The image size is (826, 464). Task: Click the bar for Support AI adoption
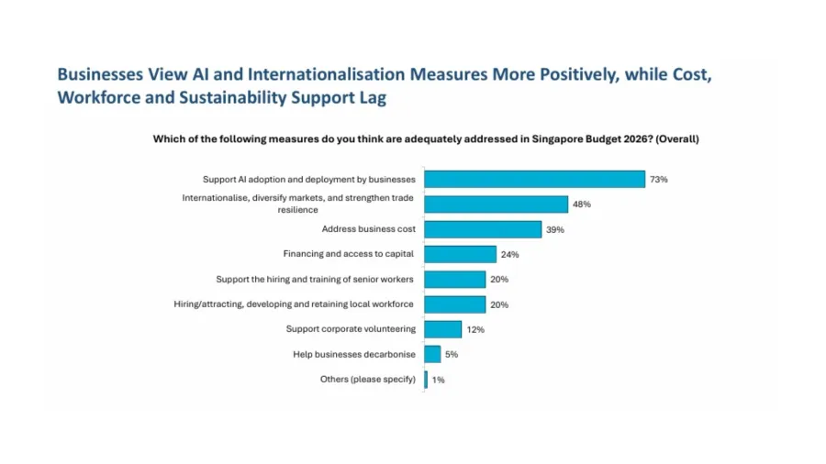[x=534, y=179]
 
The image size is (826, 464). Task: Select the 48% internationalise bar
[x=496, y=204]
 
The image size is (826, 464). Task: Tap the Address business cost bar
[x=483, y=229]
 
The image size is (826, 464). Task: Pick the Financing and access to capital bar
[x=460, y=254]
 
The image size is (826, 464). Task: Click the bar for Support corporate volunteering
[x=442, y=328]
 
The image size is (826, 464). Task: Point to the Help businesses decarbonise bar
[x=432, y=353]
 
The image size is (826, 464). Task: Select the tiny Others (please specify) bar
[x=426, y=379]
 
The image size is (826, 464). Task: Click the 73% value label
[x=658, y=180]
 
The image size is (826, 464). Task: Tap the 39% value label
[x=554, y=230]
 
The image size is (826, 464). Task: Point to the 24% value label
[x=509, y=255]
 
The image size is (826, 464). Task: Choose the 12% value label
[x=474, y=329]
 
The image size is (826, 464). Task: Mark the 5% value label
[x=452, y=354]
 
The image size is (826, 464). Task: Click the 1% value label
[x=438, y=380]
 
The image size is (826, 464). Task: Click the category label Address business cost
[x=368, y=229]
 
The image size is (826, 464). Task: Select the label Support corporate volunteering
[x=351, y=328]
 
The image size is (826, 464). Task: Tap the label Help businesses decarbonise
[x=354, y=353]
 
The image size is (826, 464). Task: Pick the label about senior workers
[x=316, y=279]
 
